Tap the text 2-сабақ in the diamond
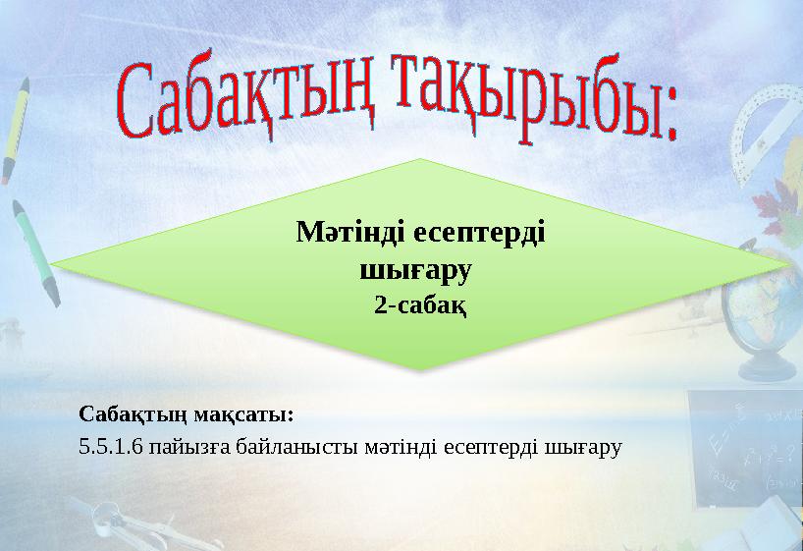(x=420, y=305)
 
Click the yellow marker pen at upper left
(x=16, y=128)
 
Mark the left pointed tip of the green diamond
(x=53, y=264)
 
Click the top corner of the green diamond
(x=420, y=159)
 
